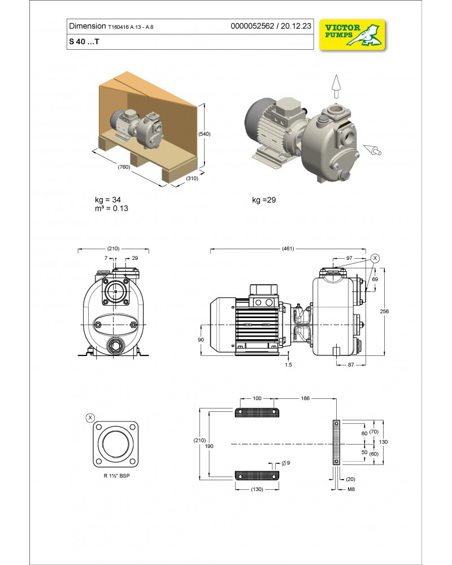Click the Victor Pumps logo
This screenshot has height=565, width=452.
(353, 35)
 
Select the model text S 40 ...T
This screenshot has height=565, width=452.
(83, 42)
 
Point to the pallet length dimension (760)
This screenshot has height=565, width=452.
(124, 167)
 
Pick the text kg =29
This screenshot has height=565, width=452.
(264, 200)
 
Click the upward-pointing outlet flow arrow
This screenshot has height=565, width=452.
(336, 84)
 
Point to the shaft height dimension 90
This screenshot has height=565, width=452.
(201, 339)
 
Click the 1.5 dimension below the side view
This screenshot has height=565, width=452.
(289, 365)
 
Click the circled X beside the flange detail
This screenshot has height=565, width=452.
(89, 418)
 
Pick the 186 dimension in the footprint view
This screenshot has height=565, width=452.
(306, 399)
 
